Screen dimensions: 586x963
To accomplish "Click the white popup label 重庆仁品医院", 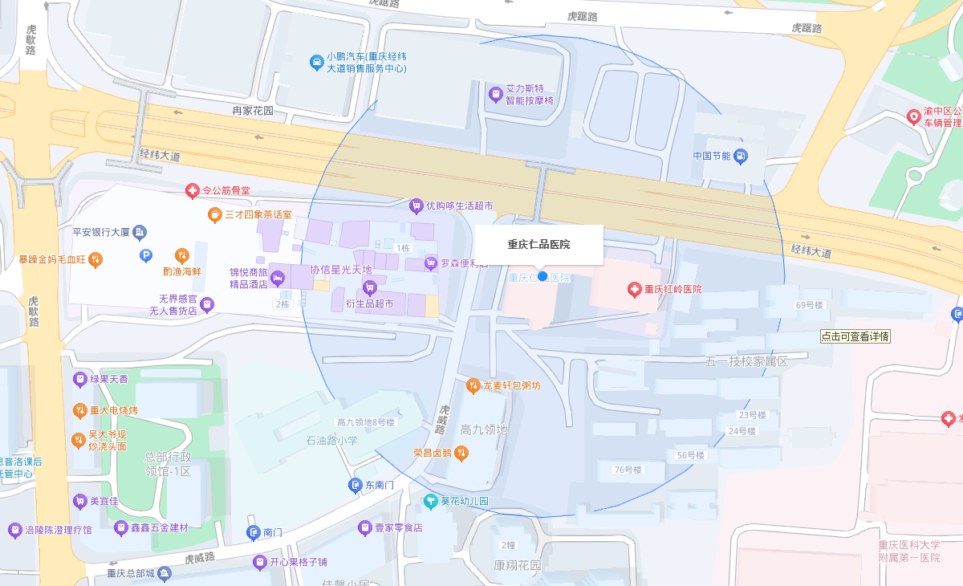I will (538, 244).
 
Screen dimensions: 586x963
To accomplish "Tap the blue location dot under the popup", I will (542, 276).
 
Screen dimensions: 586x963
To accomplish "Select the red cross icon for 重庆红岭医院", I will (634, 289).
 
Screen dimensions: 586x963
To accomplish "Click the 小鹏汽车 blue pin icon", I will (317, 62).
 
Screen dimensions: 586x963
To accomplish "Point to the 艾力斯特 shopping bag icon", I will (496, 95).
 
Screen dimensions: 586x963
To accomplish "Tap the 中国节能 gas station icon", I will (741, 156).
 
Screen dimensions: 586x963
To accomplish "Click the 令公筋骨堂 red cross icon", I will (192, 190).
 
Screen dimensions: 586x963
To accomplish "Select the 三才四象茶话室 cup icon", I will (214, 214).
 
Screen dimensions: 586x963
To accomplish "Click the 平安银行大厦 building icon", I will (140, 232).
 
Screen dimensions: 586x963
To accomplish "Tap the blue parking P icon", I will (146, 256).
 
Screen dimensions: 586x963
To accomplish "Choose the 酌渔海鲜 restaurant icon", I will (182, 256).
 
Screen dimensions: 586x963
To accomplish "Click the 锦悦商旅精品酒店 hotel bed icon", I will (278, 279).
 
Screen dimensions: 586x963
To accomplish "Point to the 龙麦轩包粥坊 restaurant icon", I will (473, 385).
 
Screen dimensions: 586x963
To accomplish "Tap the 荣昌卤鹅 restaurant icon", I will (461, 453).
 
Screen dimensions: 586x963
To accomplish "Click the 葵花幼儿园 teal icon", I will (431, 501).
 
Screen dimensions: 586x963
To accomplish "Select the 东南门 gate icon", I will (356, 485).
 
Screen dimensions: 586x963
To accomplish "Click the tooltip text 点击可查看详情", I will (855, 336).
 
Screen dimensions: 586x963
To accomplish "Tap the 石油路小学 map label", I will (331, 441).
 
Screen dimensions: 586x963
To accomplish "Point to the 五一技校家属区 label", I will (746, 361).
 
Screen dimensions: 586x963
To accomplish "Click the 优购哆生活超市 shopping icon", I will (416, 206).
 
